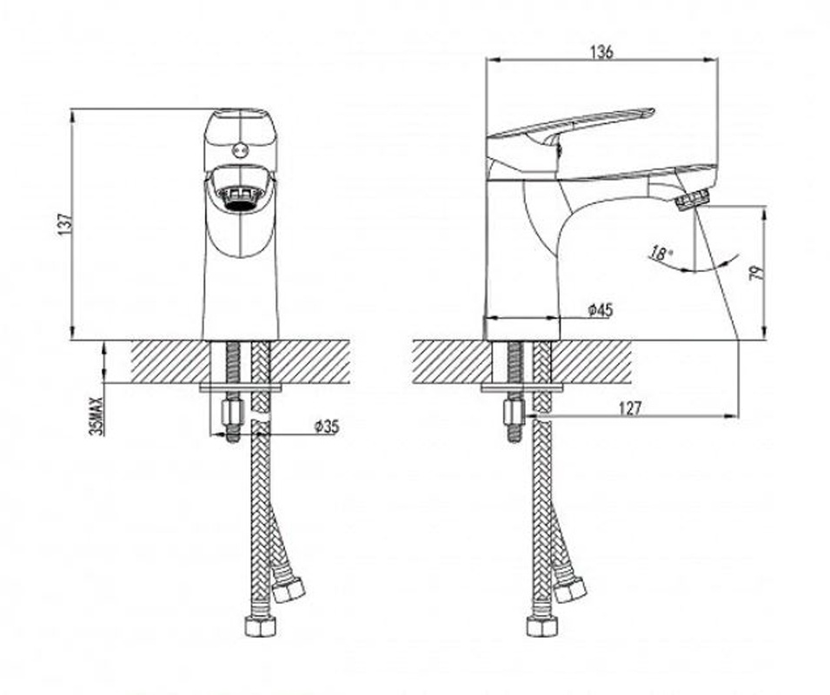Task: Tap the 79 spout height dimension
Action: [x=756, y=272]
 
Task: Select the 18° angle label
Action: [x=661, y=254]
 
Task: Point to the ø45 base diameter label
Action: [x=601, y=309]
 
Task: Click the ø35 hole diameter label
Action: [x=326, y=427]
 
